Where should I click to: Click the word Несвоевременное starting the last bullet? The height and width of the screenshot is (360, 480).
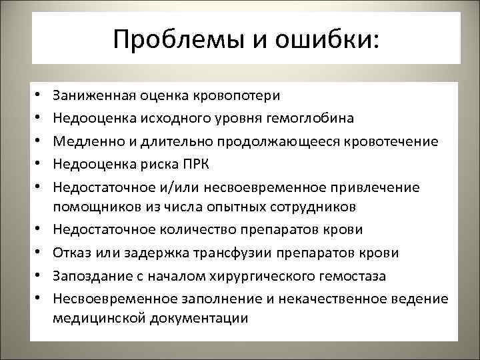pos(113,298)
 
